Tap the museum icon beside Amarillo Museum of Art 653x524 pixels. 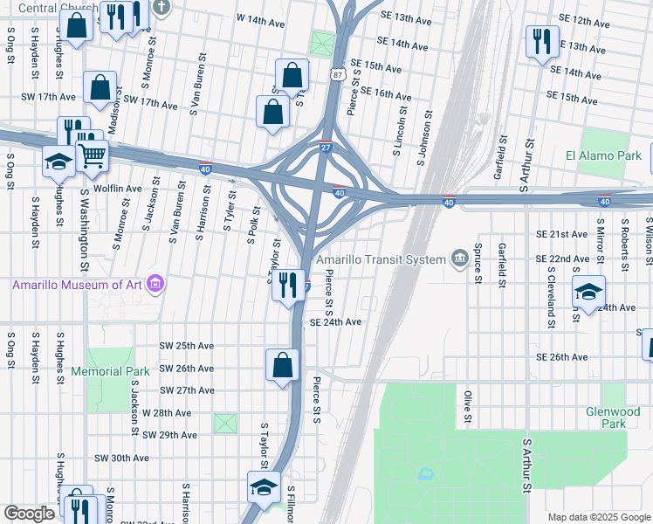(x=155, y=283)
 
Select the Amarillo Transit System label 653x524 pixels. (x=381, y=259)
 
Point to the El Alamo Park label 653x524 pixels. (x=603, y=156)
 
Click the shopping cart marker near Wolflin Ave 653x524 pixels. (x=92, y=156)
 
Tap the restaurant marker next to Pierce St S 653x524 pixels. (x=287, y=285)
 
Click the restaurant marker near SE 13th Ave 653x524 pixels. (x=541, y=40)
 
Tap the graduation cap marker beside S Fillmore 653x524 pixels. (x=263, y=488)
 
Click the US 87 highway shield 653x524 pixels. (x=337, y=75)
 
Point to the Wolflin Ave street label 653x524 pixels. (x=117, y=189)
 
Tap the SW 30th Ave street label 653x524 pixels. (x=122, y=458)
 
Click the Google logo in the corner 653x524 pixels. (x=29, y=514)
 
